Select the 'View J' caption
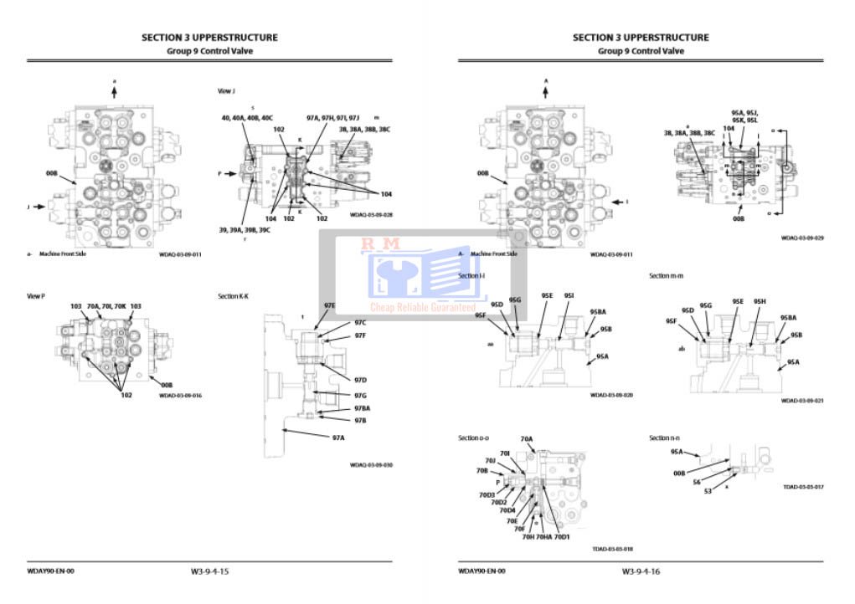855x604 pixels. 226,91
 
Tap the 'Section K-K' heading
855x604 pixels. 234,295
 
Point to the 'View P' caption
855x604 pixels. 36,295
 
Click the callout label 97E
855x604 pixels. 329,306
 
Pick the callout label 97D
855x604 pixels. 360,380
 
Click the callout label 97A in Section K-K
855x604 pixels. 338,437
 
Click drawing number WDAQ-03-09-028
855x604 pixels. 371,214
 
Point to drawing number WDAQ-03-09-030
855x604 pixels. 371,465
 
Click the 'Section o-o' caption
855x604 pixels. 474,438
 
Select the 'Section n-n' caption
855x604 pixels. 665,438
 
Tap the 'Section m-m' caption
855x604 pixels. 666,275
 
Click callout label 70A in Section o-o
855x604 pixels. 526,438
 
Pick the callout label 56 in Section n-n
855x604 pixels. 697,482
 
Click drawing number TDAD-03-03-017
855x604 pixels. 802,486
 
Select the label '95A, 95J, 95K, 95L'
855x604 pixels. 744,115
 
